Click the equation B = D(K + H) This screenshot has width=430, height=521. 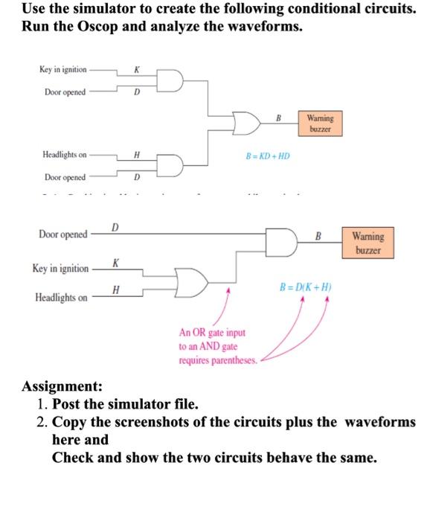click(305, 287)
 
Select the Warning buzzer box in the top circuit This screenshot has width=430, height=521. click(320, 123)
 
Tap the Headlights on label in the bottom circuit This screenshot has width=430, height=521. click(61, 298)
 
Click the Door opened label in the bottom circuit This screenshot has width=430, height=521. click(62, 234)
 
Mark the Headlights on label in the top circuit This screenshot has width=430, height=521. click(64, 155)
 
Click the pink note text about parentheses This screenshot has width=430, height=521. click(217, 347)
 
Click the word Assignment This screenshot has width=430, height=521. click(62, 386)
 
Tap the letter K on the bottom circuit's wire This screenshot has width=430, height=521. click(115, 263)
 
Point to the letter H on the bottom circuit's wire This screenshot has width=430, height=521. click(115, 289)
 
